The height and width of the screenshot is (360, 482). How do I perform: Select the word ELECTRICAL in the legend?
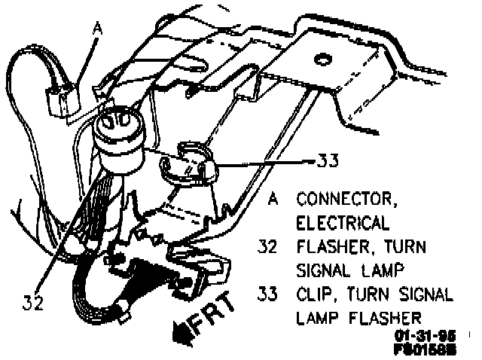coord(343,224)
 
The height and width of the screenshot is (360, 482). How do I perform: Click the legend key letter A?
coord(273,200)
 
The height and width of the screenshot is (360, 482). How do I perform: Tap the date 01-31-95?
coord(416,334)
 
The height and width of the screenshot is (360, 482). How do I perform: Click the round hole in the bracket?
coord(321,57)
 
